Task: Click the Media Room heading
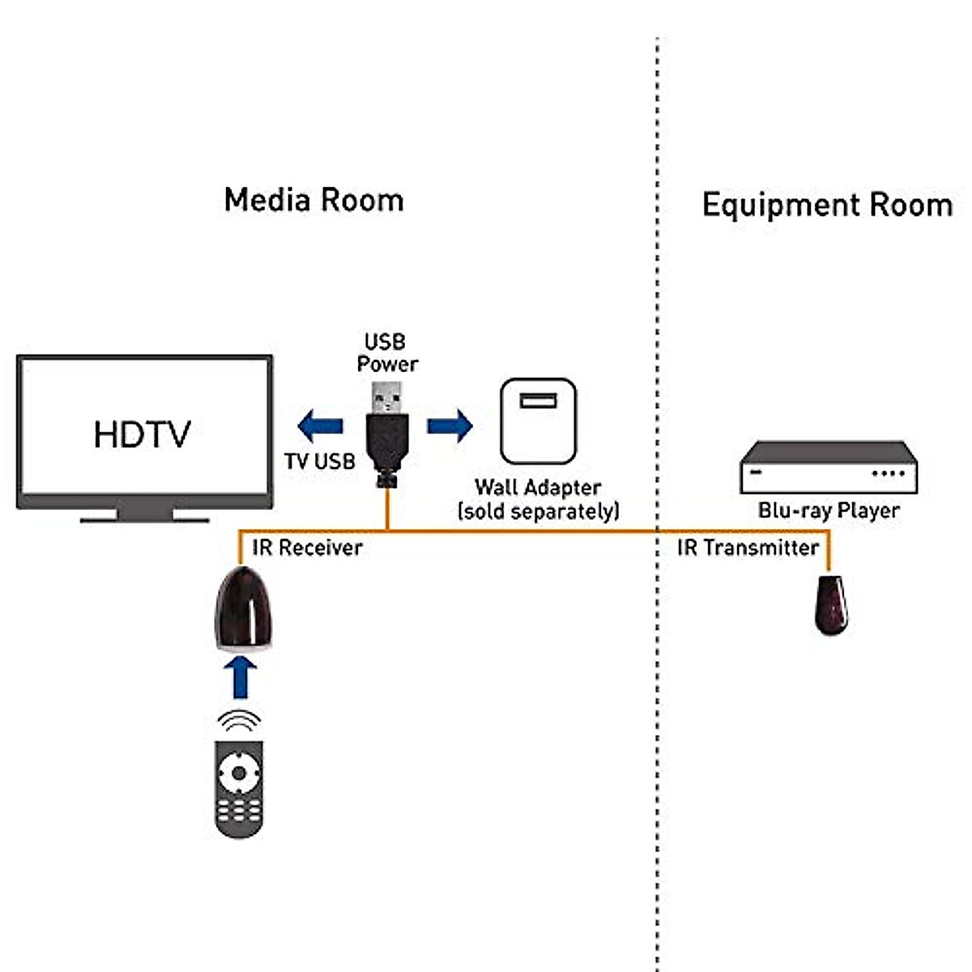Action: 313,200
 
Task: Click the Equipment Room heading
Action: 827,205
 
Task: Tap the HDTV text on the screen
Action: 142,435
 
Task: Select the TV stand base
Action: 144,516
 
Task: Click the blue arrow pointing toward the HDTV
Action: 321,425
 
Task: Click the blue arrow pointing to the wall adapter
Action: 450,425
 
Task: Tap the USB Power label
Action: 386,353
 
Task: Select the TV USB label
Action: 319,462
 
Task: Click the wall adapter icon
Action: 538,421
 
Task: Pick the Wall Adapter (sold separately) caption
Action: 538,500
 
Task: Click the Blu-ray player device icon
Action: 828,468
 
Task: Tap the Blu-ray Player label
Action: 829,511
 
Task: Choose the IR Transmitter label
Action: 748,548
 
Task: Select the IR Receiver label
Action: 307,548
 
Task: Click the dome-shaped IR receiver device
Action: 241,608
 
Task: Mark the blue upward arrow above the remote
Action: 240,676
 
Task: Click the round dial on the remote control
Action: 239,772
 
